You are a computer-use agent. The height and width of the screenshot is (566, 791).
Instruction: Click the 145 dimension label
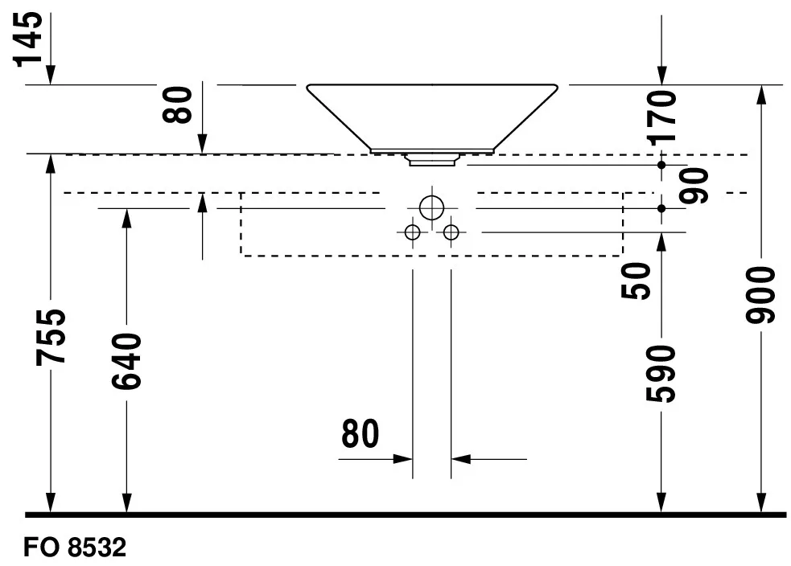[x=28, y=39]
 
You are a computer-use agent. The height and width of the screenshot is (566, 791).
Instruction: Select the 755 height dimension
[x=51, y=337]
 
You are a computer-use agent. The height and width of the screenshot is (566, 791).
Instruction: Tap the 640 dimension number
[x=126, y=361]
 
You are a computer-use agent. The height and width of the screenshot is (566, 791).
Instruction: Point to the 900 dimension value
[x=760, y=295]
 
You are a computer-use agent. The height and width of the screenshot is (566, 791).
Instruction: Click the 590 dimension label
[x=661, y=374]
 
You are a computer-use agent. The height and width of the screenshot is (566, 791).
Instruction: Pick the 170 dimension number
[x=662, y=117]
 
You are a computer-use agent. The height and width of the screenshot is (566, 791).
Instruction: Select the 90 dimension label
[x=694, y=186]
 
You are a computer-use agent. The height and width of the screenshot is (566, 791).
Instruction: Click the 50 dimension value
[x=637, y=281]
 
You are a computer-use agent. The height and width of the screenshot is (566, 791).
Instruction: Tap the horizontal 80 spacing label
[x=360, y=433]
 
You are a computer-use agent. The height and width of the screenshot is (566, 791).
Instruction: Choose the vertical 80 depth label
[x=178, y=105]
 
